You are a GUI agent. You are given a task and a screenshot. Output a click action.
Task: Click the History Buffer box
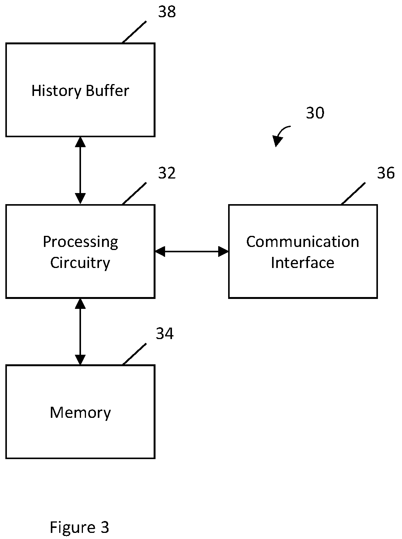point(80,90)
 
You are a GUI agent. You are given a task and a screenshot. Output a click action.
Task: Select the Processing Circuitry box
point(80,252)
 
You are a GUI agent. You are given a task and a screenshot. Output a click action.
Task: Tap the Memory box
point(80,412)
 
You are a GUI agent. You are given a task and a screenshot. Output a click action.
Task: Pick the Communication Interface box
point(303,252)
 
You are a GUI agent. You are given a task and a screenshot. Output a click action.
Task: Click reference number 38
point(167,11)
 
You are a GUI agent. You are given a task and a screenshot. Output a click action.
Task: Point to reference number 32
point(167,173)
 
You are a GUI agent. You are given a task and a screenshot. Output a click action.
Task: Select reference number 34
point(165,333)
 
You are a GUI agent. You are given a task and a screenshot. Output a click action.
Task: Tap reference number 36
point(386,173)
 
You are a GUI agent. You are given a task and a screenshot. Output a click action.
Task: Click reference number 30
point(315,113)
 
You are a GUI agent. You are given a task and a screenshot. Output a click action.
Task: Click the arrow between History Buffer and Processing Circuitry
point(80,170)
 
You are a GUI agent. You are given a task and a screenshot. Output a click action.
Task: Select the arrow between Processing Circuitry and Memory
point(80,332)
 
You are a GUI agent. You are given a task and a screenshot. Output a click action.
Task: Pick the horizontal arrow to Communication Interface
point(192,252)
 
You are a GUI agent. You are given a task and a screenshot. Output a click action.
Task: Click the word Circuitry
point(80,263)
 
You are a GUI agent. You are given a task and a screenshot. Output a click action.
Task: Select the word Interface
point(303,263)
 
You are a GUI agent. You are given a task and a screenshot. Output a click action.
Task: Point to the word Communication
point(303,242)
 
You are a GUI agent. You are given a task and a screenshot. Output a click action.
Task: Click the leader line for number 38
point(134,32)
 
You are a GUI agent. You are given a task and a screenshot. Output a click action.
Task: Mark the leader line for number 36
point(353,193)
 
